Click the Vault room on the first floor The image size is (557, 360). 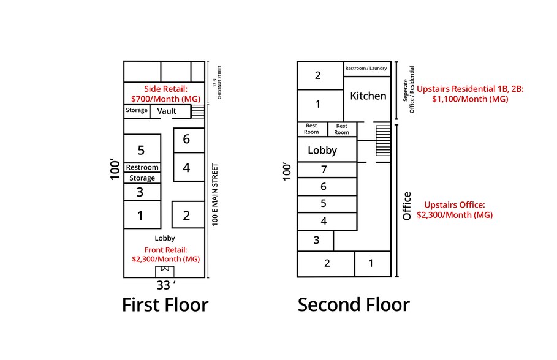click(167, 111)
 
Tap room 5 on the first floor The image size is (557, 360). click(142, 149)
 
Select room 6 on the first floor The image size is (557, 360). click(187, 140)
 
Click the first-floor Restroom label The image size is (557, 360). click(142, 167)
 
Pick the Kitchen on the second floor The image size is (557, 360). click(368, 96)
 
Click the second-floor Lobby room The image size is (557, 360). click(323, 150)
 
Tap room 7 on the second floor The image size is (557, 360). click(324, 170)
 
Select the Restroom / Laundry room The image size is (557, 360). click(367, 69)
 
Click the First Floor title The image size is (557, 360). click(165, 305)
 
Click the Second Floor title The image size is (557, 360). click(354, 305)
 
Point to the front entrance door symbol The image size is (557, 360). click(164, 272)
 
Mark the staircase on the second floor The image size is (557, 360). click(382, 142)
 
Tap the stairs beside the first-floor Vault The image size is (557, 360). click(198, 111)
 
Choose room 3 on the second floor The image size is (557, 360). click(316, 240)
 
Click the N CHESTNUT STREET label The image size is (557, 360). click(215, 82)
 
